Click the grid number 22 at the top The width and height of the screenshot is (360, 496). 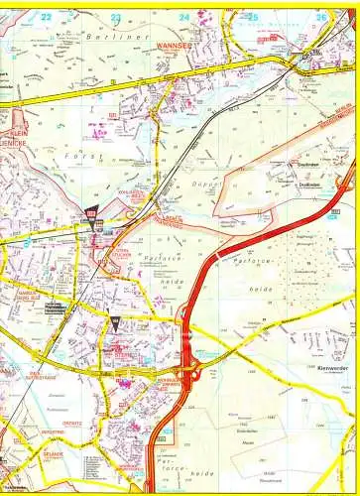46,17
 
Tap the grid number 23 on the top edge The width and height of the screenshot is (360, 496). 115,17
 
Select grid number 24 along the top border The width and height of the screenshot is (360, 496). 184,17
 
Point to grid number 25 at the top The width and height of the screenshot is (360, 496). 253,17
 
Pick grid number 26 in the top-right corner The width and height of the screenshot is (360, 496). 320,17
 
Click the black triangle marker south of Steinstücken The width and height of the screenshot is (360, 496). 114,323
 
